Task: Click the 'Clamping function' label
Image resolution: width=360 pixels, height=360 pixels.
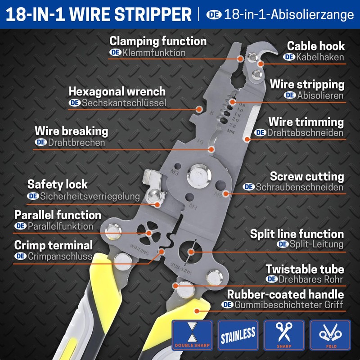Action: (x=158, y=41)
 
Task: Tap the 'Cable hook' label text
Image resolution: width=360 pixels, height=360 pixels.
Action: (x=316, y=46)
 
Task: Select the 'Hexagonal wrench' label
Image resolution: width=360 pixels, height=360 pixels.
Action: (x=117, y=91)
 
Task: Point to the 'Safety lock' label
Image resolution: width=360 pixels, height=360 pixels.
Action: (x=58, y=184)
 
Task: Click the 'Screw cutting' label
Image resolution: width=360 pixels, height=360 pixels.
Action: (x=307, y=176)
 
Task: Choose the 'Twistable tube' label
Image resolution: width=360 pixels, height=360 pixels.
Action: (x=305, y=269)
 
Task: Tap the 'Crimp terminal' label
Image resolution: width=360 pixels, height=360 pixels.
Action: (x=54, y=245)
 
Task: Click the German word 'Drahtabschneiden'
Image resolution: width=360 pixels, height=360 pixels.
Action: (x=305, y=133)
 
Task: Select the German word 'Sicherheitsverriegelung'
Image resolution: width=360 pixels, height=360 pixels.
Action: (x=90, y=196)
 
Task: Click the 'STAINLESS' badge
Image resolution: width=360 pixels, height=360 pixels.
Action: (x=238, y=335)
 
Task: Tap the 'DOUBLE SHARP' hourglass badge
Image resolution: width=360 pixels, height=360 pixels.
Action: (x=192, y=335)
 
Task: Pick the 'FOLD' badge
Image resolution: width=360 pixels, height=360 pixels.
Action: (x=331, y=335)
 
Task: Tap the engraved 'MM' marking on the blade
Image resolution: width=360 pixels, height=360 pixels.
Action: (x=231, y=131)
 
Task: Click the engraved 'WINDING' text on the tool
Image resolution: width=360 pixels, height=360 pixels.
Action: (x=139, y=248)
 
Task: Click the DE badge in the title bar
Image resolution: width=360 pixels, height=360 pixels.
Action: (x=214, y=14)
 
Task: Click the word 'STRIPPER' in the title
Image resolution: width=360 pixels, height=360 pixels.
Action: (x=153, y=14)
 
